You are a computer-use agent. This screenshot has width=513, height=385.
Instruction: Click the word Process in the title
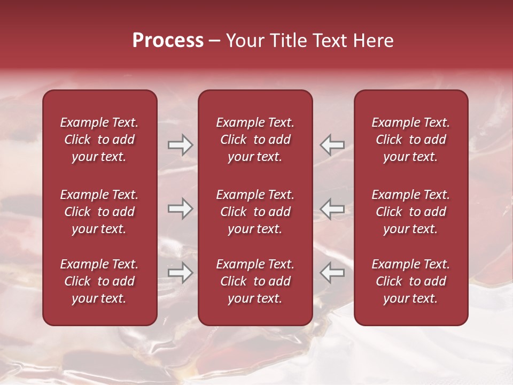coord(168,40)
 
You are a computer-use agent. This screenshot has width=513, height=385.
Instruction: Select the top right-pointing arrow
coord(180,145)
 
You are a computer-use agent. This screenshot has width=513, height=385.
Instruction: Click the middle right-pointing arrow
coord(180,209)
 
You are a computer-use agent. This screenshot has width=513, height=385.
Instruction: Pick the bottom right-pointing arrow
coord(180,273)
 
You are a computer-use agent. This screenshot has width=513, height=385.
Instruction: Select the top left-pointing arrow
coord(332,145)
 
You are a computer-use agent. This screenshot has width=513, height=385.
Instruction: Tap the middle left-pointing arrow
coord(332,209)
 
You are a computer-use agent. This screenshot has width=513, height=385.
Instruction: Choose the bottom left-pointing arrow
coord(332,273)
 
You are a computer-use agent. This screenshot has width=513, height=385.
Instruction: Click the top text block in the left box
coord(99,140)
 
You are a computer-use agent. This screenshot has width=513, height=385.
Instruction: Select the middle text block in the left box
coord(99,212)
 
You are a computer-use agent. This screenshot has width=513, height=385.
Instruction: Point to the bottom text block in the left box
coord(99,281)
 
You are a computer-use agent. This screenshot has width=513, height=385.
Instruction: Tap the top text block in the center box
coord(255,140)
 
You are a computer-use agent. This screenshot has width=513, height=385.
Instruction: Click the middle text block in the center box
coord(255,212)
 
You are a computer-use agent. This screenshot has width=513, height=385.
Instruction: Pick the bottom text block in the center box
coord(255,281)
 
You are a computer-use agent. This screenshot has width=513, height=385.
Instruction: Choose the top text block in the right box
coord(411,140)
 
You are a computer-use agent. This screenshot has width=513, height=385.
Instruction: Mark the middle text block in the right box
coord(411,212)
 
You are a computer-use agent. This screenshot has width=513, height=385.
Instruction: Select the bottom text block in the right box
coord(411,281)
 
